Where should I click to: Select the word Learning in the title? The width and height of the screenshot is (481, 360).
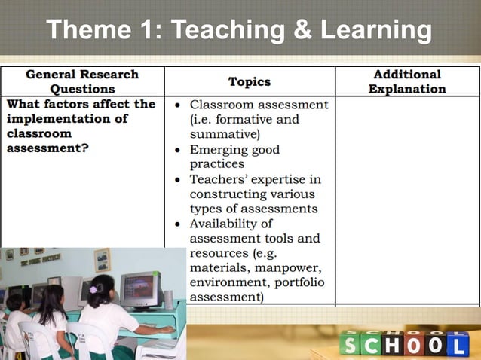[x=375, y=31]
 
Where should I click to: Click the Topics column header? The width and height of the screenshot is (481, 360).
[x=250, y=81]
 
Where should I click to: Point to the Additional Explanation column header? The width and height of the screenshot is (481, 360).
[x=407, y=81]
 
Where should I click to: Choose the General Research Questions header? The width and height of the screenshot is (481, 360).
[x=82, y=81]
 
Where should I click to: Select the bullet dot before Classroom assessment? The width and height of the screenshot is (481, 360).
[x=176, y=105]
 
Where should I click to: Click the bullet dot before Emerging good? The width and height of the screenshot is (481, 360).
[x=176, y=150]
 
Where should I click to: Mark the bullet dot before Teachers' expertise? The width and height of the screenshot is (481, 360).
[x=176, y=180]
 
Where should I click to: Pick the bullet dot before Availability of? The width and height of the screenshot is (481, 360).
[x=176, y=224]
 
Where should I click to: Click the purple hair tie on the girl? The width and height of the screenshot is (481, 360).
[x=93, y=289]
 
